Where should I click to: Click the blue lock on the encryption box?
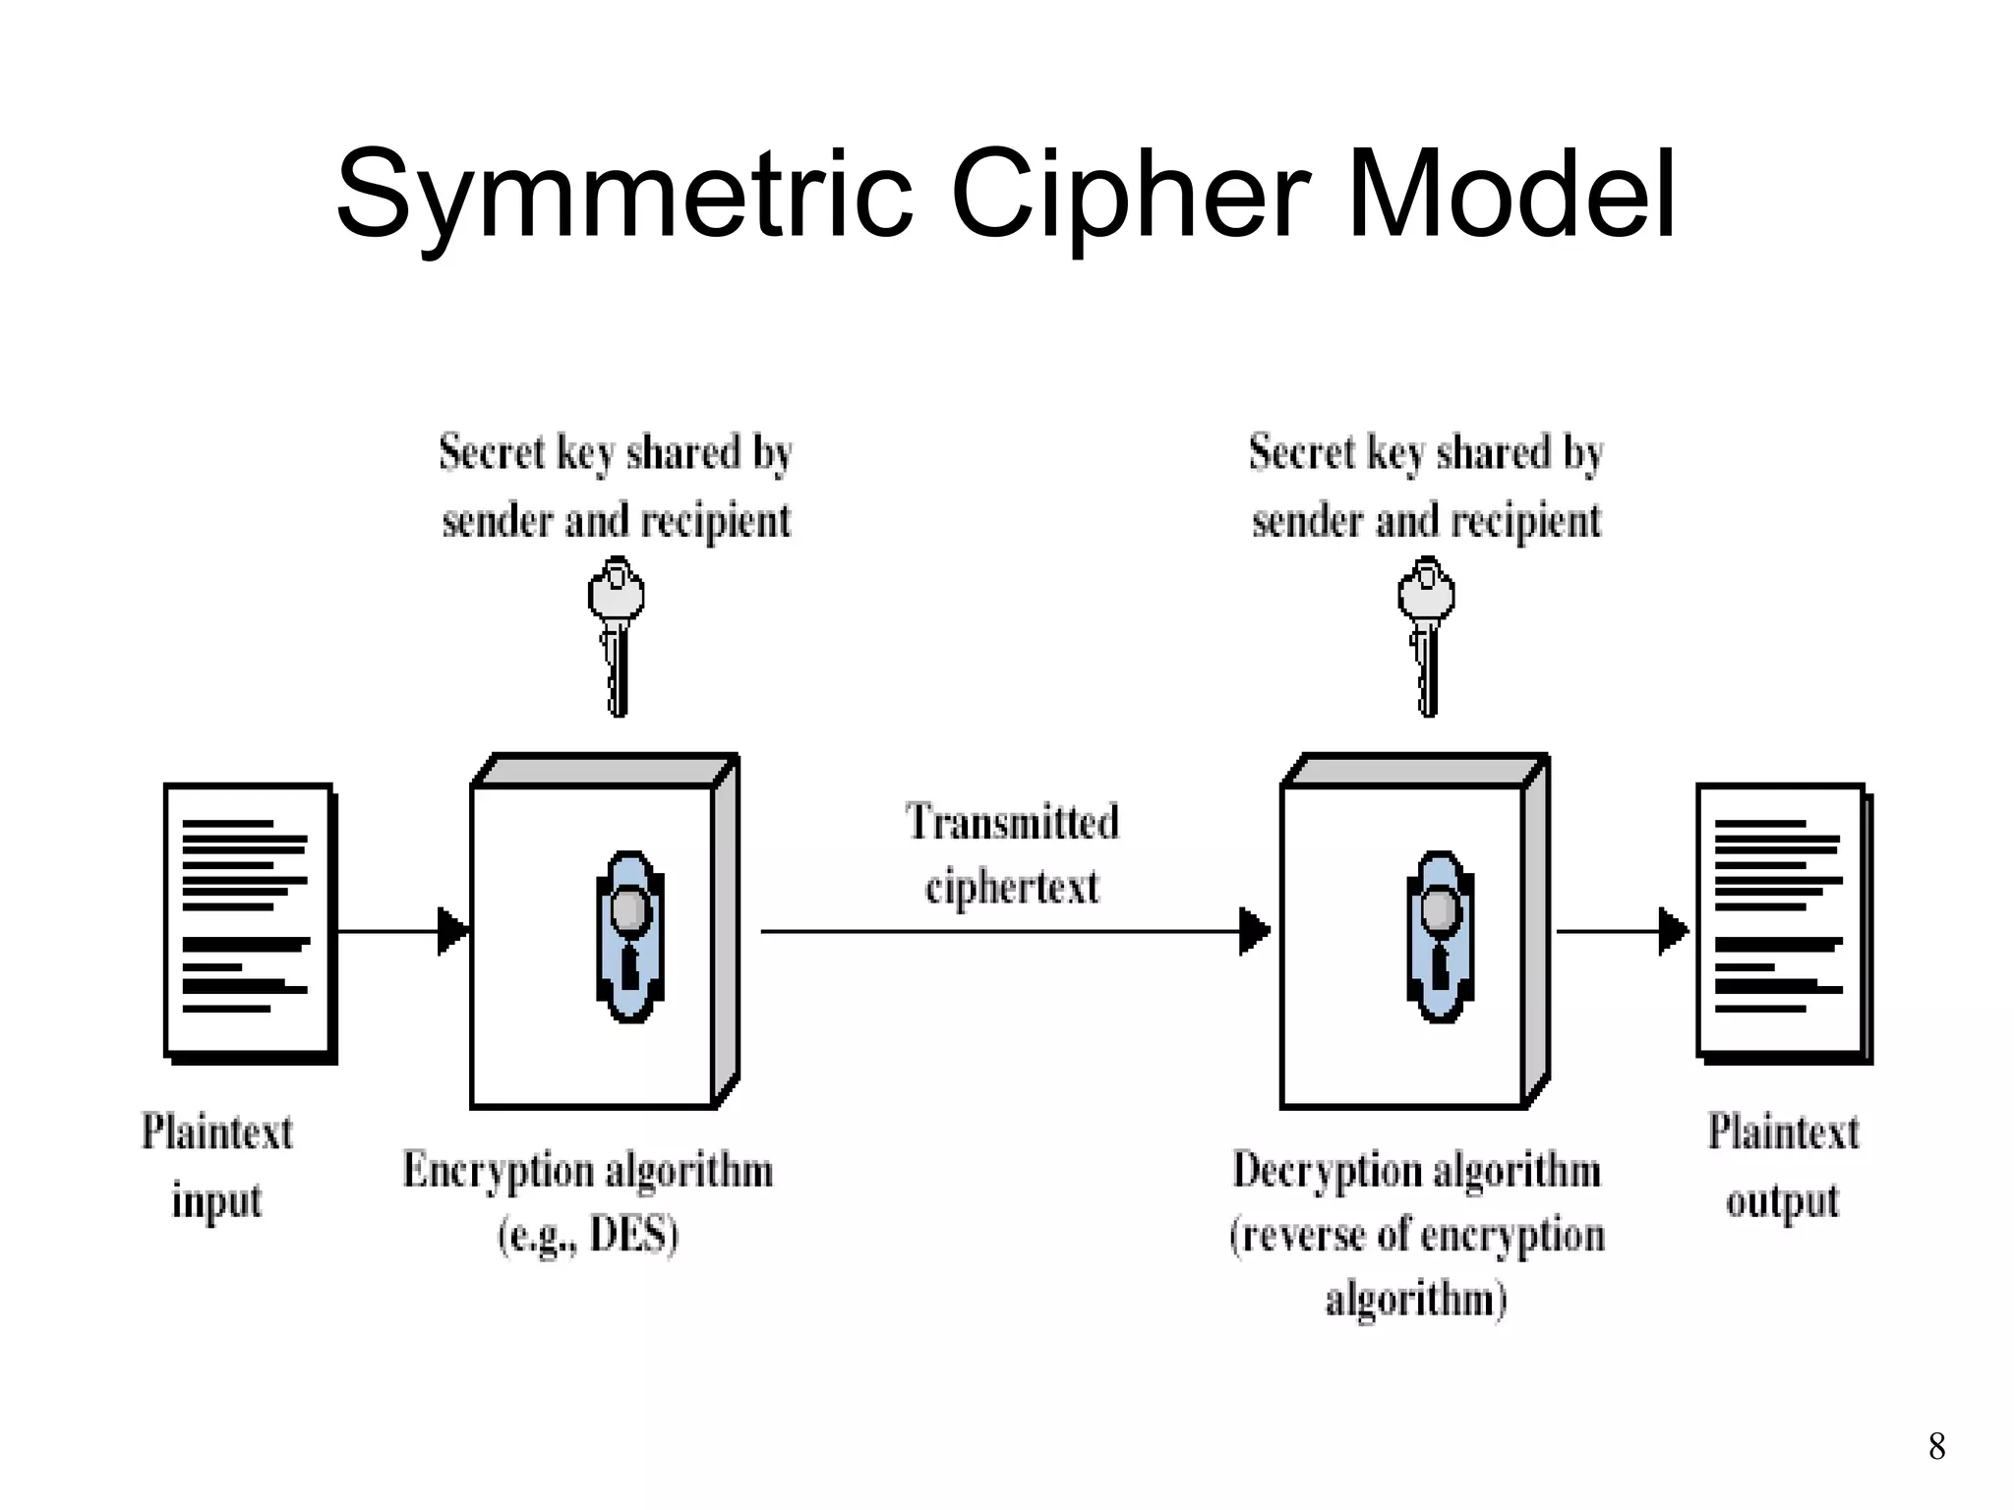(x=629, y=936)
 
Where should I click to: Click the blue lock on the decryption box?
(x=1440, y=936)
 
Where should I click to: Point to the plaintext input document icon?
(x=250, y=922)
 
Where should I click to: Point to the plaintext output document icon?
(x=1783, y=922)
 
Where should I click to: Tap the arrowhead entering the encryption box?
(x=452, y=930)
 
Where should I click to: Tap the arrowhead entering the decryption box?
(x=1254, y=930)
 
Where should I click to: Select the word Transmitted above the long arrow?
(x=1012, y=822)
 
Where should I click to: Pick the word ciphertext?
(x=1012, y=887)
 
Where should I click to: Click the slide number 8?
(x=1936, y=1446)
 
